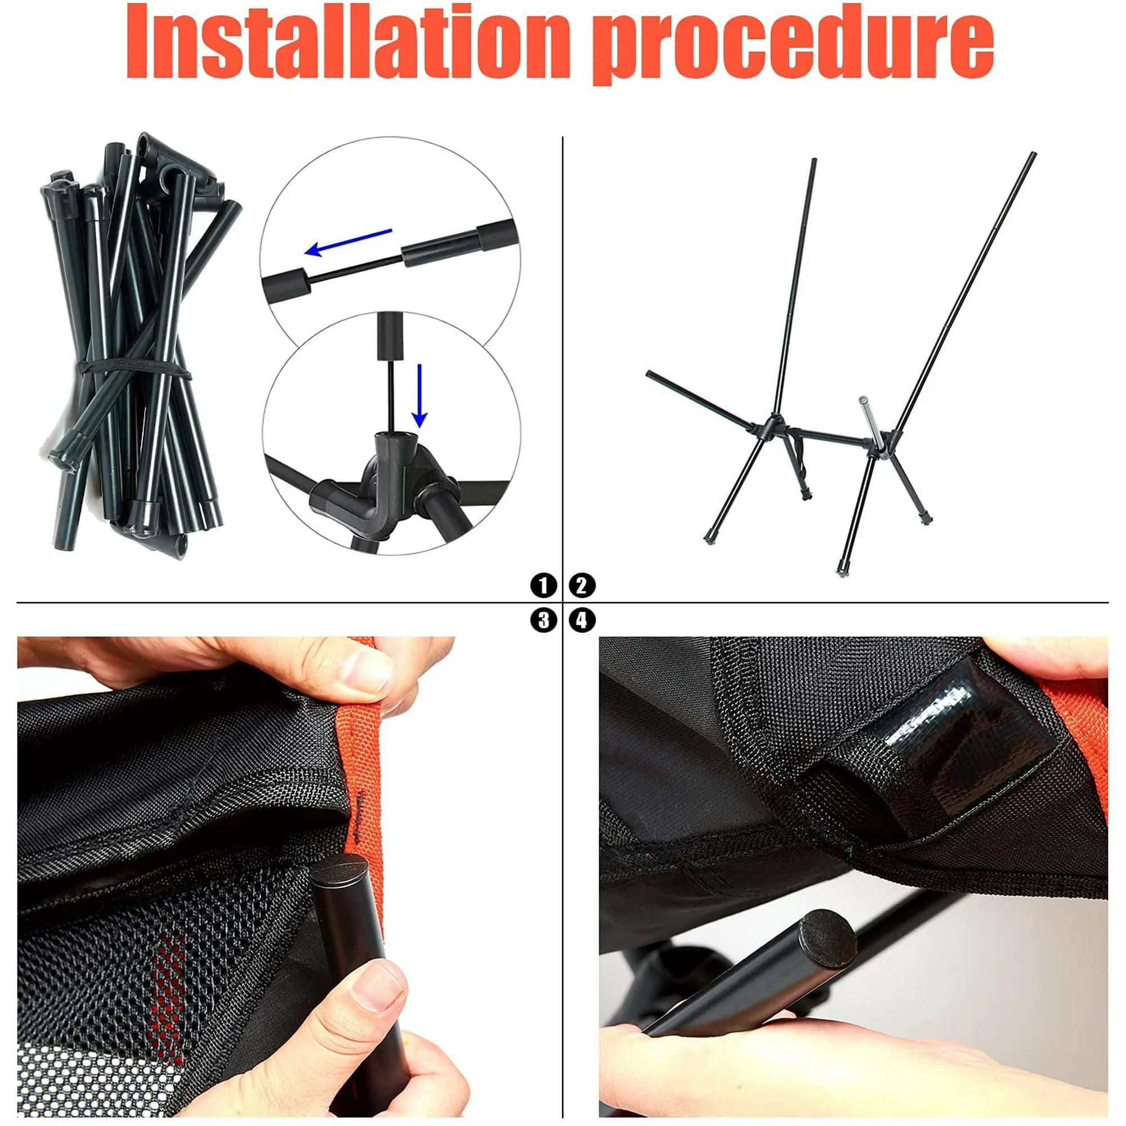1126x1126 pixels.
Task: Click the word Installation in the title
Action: pos(348,42)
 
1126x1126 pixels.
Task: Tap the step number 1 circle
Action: pos(543,584)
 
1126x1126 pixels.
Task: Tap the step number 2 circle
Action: pos(582,584)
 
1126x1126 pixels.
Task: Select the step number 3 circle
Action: pos(543,620)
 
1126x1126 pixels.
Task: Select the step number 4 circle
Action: pos(582,620)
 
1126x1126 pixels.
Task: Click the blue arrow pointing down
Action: pos(419,396)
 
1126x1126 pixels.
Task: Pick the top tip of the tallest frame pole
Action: pos(1034,154)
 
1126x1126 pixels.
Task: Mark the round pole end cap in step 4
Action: pos(826,932)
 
